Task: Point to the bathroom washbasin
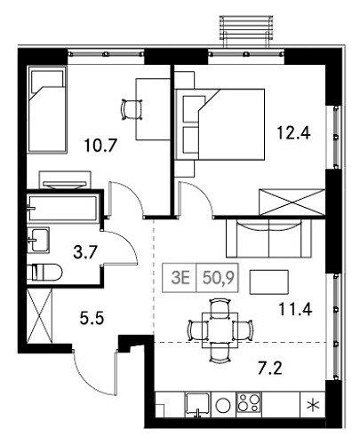pyautogui.click(x=40, y=237)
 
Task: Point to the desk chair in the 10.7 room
pyautogui.click(x=130, y=107)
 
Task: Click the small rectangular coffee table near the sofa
pyautogui.click(x=270, y=281)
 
